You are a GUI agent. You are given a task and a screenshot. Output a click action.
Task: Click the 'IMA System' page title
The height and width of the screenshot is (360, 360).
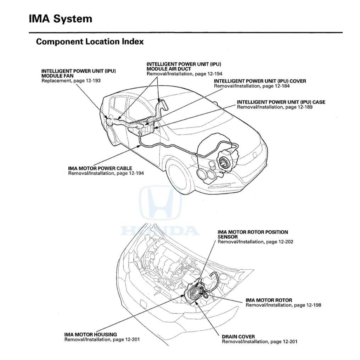coord(61,19)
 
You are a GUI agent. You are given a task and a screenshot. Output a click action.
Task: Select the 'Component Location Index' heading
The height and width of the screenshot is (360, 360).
coord(90,41)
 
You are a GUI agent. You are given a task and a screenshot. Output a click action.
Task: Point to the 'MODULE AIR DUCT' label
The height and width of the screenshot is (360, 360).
coord(169,69)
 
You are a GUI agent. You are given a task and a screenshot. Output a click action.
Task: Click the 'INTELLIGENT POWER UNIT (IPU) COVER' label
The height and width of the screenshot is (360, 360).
coord(260,81)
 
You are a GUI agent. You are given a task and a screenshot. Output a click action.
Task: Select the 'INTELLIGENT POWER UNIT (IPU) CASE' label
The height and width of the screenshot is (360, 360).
coord(281,102)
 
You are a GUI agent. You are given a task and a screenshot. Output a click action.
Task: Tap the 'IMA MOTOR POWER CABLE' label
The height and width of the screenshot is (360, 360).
coord(100,168)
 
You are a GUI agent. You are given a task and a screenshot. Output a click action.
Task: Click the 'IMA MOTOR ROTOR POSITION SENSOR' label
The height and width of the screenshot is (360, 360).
coord(252,235)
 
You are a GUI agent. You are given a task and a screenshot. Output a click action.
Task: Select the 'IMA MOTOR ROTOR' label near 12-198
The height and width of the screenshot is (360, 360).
coord(269,300)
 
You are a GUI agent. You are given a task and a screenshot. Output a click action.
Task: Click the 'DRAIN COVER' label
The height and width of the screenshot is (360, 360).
coord(238,337)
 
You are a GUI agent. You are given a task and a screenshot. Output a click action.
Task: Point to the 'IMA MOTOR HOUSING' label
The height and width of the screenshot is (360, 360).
coord(90,334)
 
